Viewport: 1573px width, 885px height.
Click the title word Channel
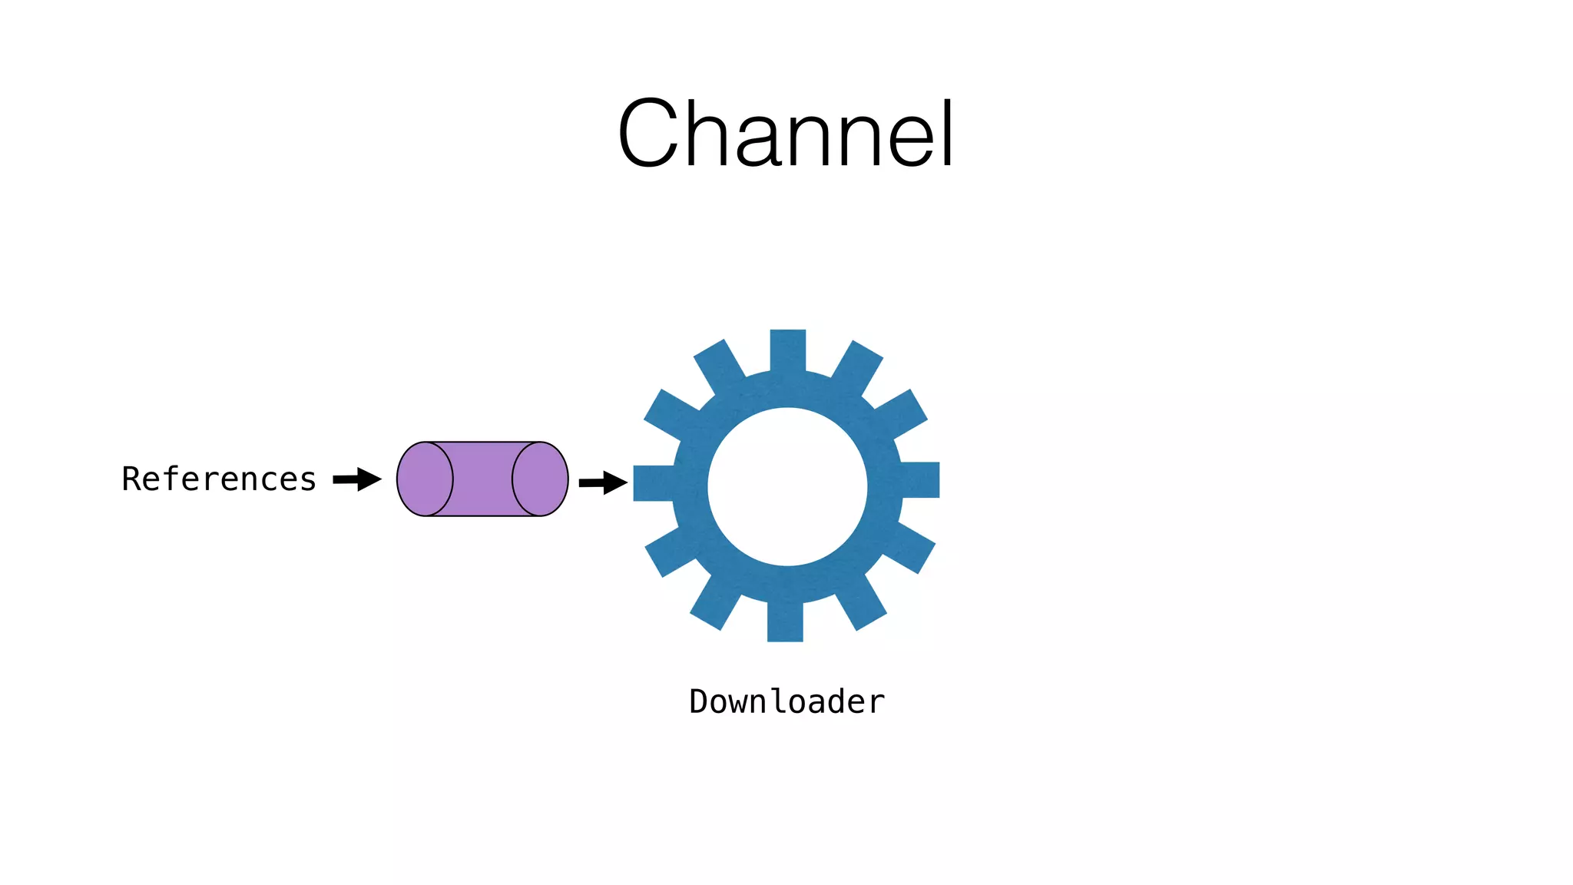[x=786, y=134]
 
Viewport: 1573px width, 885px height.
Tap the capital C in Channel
[x=651, y=134]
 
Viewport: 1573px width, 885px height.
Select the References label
[x=219, y=479]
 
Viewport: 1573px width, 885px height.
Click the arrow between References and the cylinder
[x=357, y=479]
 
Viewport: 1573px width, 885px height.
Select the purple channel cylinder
[x=482, y=479]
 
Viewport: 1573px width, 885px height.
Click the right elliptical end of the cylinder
[x=540, y=479]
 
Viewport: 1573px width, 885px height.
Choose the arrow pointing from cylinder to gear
[x=603, y=482]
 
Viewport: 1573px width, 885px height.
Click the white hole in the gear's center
[x=787, y=486]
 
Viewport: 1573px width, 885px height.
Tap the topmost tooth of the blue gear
[x=788, y=350]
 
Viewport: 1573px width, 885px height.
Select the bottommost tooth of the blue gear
[x=785, y=622]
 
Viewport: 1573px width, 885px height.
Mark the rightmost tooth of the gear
[x=920, y=479]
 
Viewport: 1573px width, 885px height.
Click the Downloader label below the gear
[x=786, y=701]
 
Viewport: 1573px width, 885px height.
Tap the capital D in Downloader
[x=698, y=701]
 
